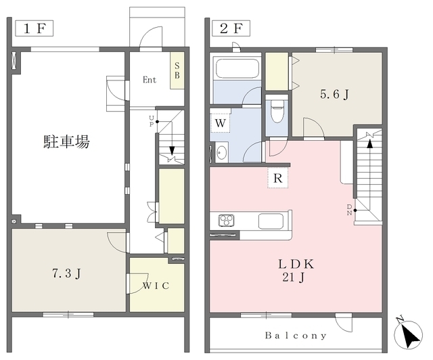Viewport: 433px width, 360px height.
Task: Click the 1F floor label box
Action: [x=33, y=29]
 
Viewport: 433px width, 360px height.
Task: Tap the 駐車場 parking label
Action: [x=67, y=142]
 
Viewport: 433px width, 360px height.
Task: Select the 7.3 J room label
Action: [x=67, y=274]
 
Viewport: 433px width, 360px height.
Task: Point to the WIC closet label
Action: [x=156, y=286]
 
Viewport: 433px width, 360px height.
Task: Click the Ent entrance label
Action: [x=150, y=80]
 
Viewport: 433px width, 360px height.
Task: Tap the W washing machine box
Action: [x=221, y=124]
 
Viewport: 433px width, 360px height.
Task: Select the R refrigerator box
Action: [x=277, y=179]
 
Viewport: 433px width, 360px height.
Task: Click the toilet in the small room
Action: [x=276, y=110]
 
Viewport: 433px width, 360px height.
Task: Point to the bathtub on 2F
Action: [x=236, y=69]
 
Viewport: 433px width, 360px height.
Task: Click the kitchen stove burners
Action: [x=226, y=221]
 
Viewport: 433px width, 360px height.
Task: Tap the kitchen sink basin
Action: [x=271, y=221]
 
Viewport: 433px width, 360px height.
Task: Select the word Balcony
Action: [x=296, y=335]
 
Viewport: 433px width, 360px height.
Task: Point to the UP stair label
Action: [x=152, y=120]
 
